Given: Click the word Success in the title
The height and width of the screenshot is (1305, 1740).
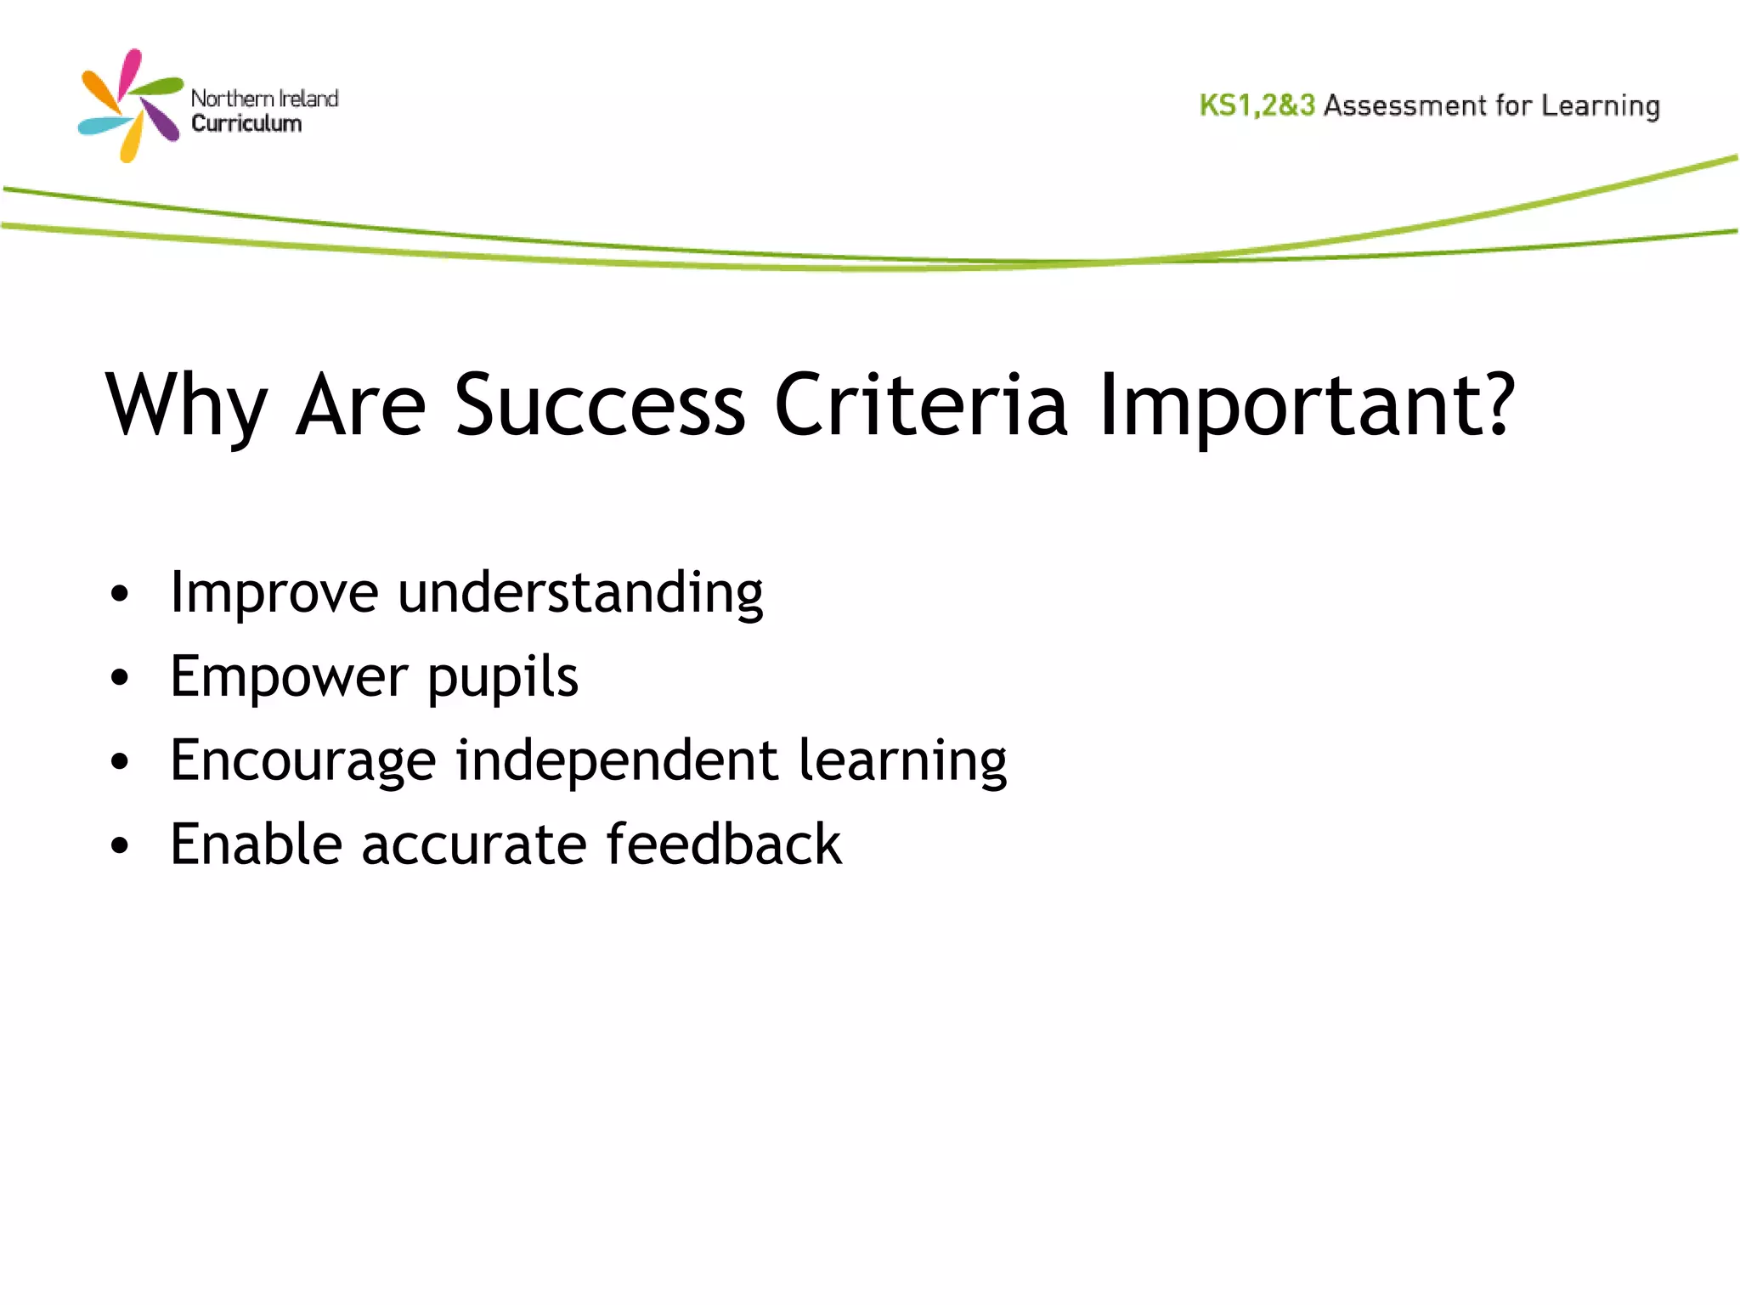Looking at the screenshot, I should click(600, 406).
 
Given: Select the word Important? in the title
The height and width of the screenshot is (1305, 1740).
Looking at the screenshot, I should click(1307, 406).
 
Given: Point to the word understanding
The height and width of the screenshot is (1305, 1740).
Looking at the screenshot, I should click(580, 593).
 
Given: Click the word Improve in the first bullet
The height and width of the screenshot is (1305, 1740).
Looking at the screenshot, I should click(274, 593).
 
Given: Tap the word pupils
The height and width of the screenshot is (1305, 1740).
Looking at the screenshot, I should click(502, 677).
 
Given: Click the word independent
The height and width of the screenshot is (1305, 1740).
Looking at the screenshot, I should click(617, 760).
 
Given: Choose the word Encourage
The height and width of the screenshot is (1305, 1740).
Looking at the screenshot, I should click(302, 760).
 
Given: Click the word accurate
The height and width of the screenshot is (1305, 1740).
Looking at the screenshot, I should click(473, 845).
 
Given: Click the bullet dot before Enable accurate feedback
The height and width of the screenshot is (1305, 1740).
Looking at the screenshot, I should click(120, 846).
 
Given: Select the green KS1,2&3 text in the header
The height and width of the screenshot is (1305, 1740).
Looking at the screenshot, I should click(1257, 105).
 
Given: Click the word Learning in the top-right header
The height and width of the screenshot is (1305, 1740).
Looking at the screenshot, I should click(1601, 106).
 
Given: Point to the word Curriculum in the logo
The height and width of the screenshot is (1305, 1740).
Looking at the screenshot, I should click(246, 124).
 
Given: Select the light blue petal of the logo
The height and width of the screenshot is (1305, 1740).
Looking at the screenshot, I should click(102, 127).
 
